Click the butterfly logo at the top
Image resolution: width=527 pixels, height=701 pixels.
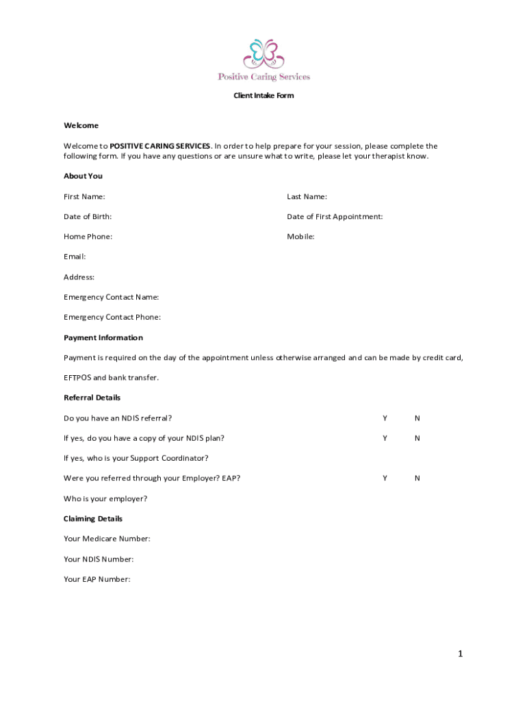tap(263, 53)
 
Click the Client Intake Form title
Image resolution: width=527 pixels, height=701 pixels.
tap(263, 96)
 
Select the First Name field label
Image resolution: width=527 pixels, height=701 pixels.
tap(84, 197)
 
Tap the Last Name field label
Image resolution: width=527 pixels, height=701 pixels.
tap(307, 197)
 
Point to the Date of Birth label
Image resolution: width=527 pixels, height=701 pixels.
tap(88, 217)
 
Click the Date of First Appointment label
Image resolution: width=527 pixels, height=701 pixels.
tap(335, 217)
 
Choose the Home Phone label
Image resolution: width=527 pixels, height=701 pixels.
tap(88, 237)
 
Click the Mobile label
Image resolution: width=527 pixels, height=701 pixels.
tap(300, 237)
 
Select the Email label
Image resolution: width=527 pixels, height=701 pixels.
tap(75, 257)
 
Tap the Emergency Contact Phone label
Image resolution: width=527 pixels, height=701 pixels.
tap(112, 318)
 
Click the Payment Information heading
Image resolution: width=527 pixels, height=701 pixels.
tap(103, 337)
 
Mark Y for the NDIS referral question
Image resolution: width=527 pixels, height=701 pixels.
tap(385, 418)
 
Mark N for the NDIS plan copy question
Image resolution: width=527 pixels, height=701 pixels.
tap(417, 438)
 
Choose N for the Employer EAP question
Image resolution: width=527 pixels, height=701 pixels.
tap(417, 479)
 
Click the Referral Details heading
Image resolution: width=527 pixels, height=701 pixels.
tap(92, 398)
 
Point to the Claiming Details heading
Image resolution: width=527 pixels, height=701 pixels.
tap(93, 519)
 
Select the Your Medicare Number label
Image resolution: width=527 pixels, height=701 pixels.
tap(107, 539)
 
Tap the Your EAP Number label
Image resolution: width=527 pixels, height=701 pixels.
tap(97, 579)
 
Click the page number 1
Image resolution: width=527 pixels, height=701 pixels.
tap(461, 654)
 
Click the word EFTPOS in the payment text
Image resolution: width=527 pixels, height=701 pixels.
tap(77, 378)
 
